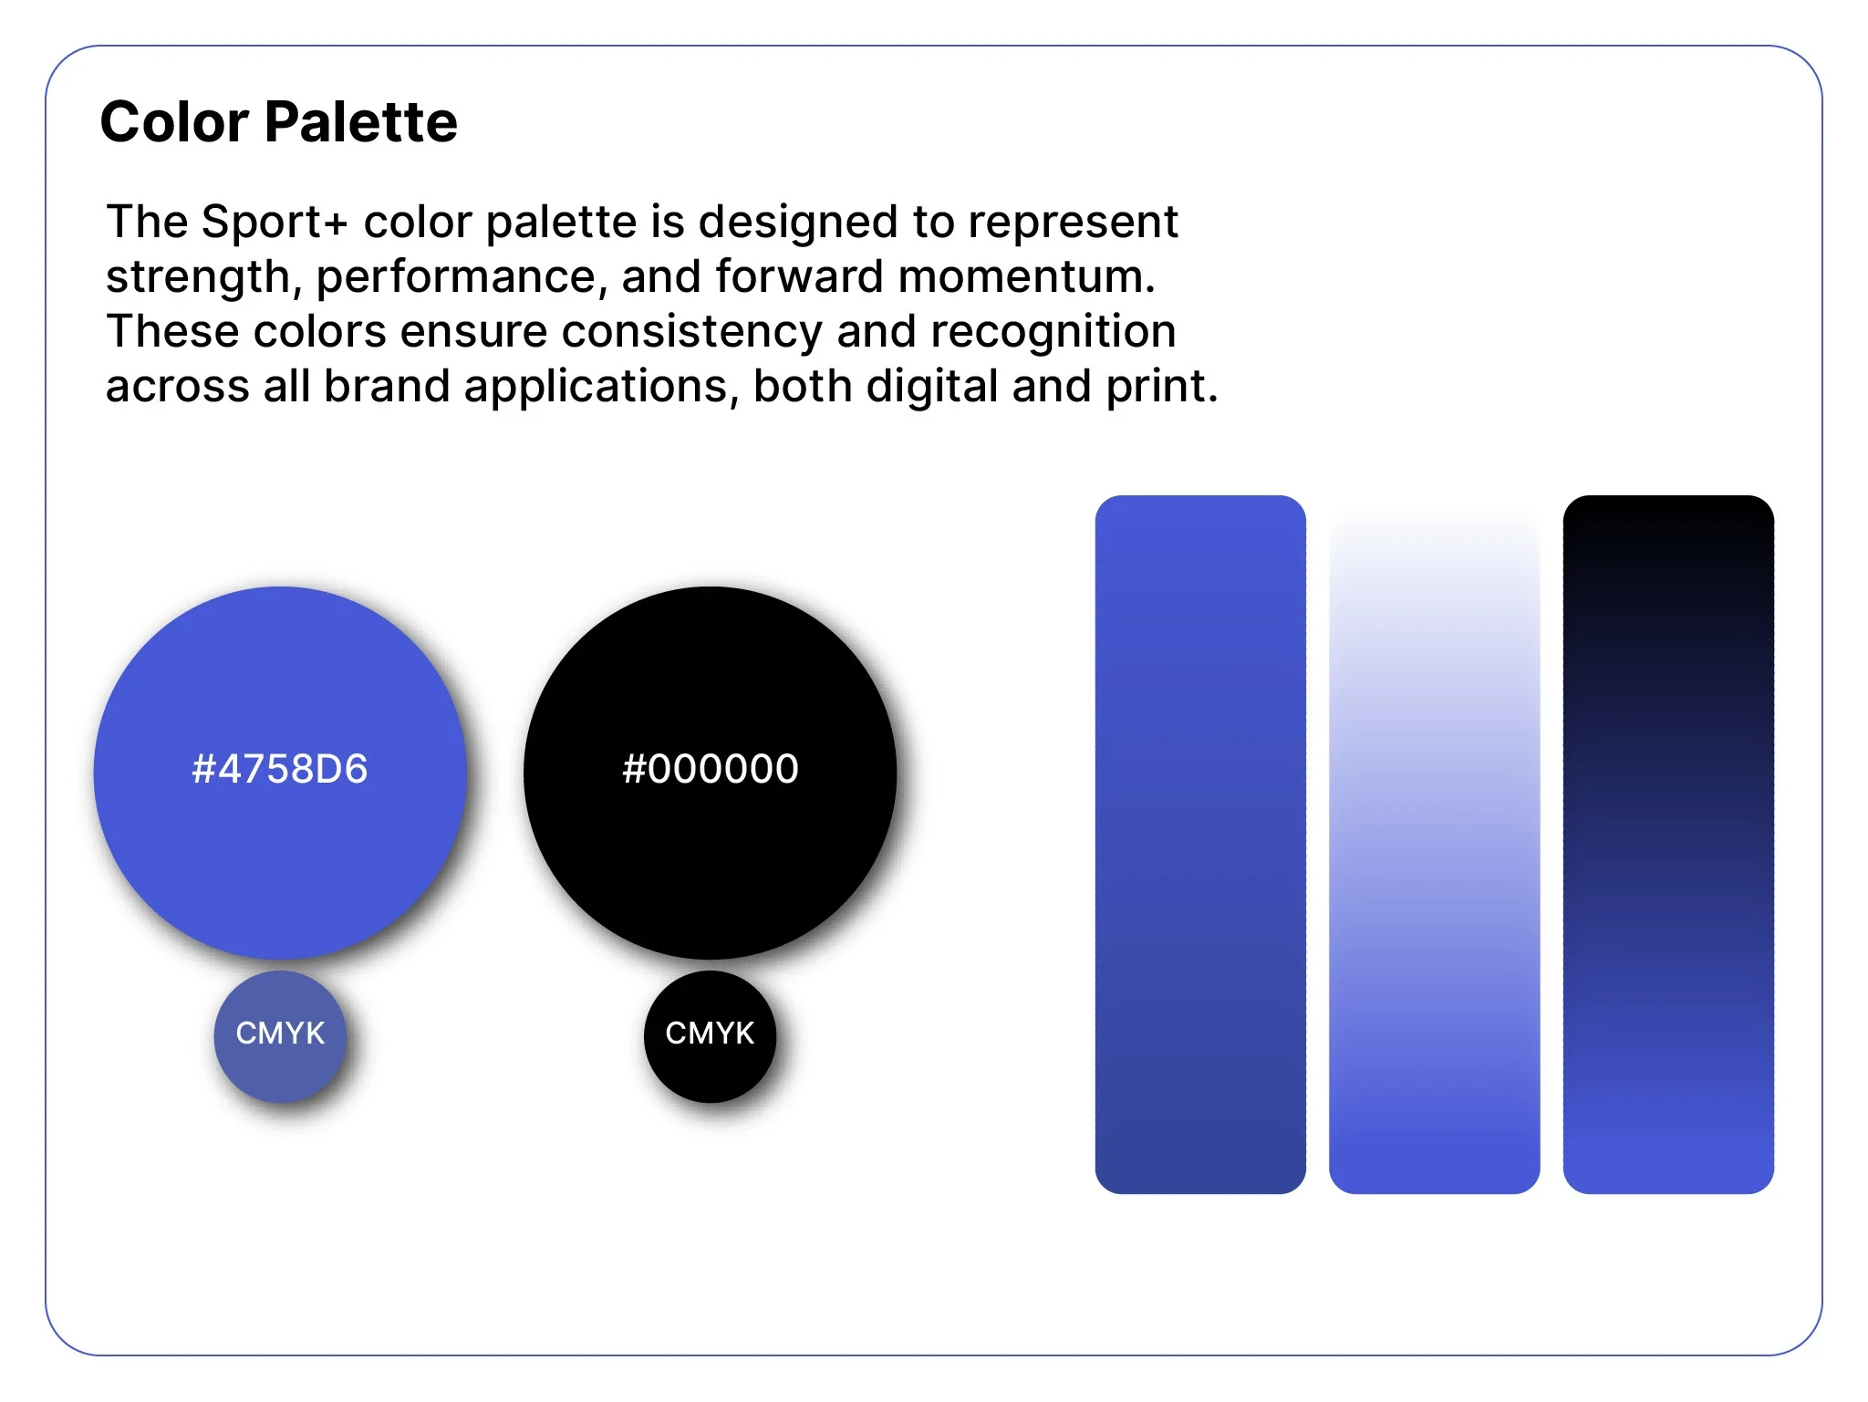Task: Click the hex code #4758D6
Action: [280, 769]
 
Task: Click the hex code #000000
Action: [711, 769]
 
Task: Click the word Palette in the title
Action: [361, 121]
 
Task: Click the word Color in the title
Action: [174, 121]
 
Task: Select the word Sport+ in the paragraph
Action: [275, 222]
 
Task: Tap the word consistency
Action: [691, 332]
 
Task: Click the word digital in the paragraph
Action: [932, 387]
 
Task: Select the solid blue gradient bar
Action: [1200, 845]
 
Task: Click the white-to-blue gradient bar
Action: [1434, 845]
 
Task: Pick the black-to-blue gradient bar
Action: [1668, 845]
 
